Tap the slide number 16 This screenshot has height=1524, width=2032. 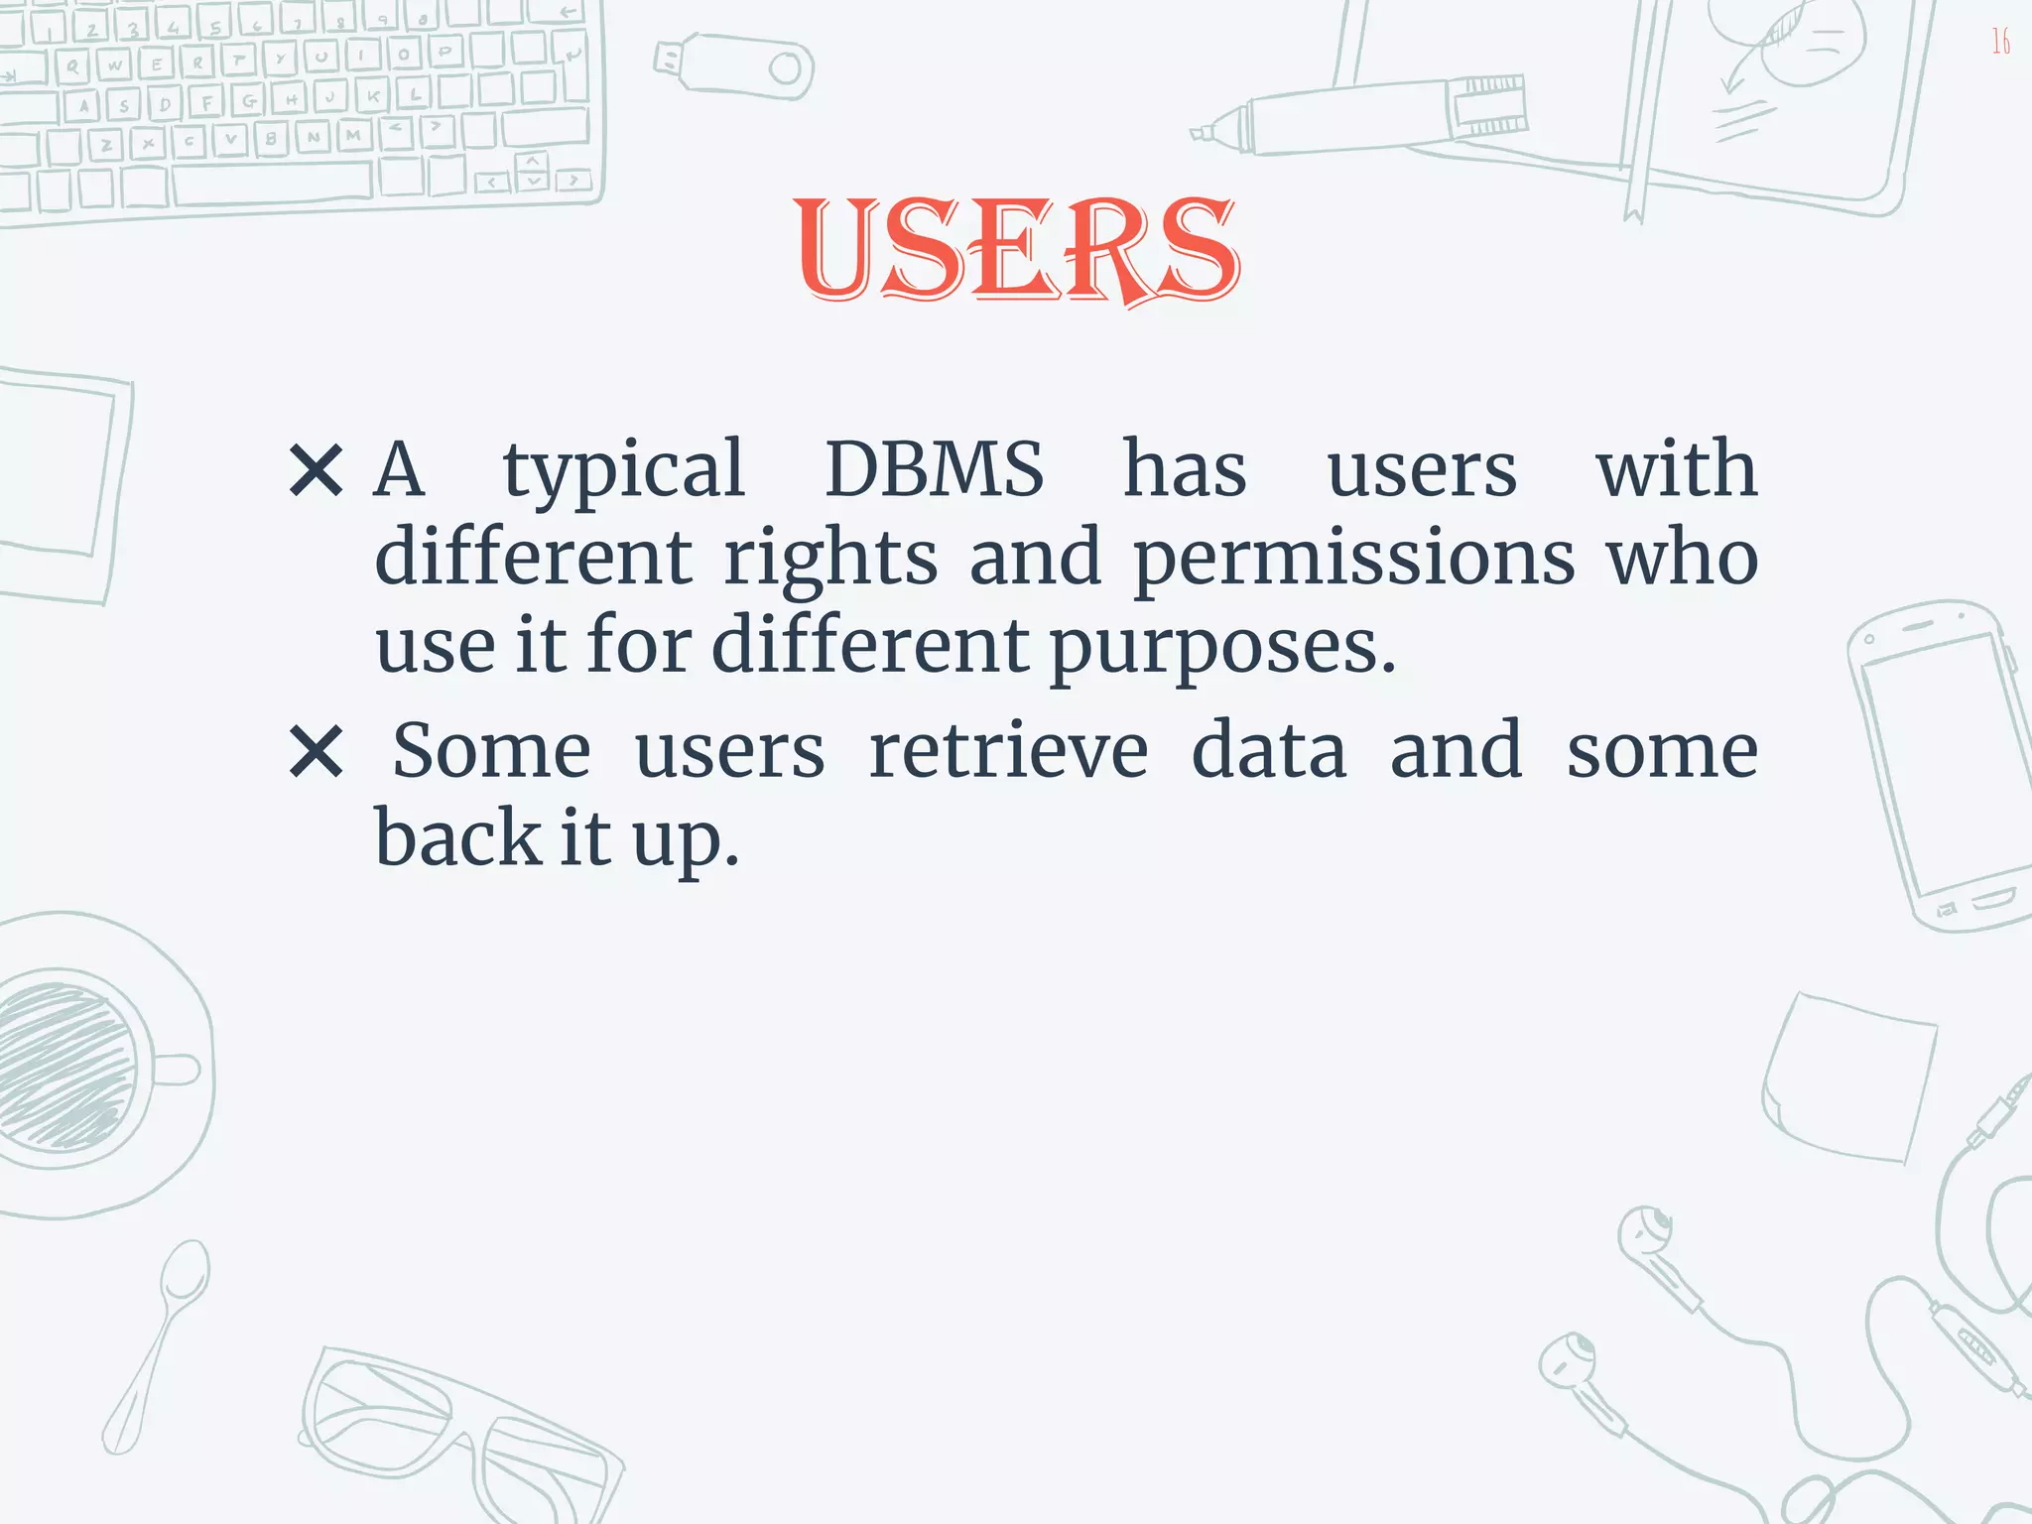point(2000,42)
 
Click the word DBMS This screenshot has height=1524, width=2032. point(934,468)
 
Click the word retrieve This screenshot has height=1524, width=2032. point(1008,751)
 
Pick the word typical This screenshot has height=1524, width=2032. point(623,470)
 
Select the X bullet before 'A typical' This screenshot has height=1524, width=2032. point(317,470)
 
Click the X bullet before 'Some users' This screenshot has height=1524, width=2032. point(317,752)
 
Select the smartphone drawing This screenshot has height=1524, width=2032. point(1935,764)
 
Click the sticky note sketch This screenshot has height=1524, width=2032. point(1850,1077)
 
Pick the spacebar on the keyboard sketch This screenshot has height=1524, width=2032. point(273,183)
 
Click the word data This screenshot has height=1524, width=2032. point(1269,751)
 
